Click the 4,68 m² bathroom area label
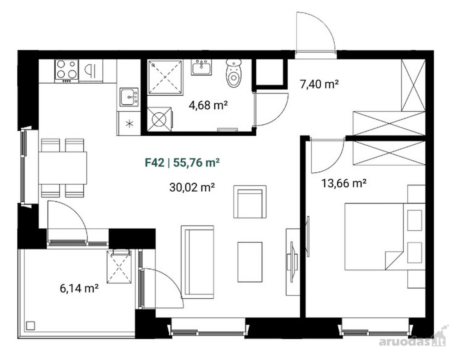point(208,105)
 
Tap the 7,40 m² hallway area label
point(319,84)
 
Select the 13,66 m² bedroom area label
point(344,183)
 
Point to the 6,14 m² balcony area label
point(79,288)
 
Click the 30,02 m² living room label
point(192,187)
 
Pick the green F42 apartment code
point(155,162)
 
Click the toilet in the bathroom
point(234,73)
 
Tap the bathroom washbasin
point(202,67)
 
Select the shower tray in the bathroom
point(165,77)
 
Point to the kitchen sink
point(129,97)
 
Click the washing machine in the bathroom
point(160,119)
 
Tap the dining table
point(62,168)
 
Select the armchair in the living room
point(250,202)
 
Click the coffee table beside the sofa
point(250,262)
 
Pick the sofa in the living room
point(198,262)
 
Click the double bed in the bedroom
point(375,236)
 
